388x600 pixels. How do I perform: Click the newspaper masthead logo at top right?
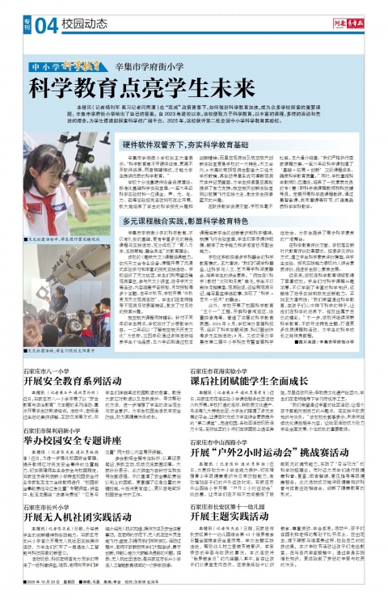click(x=344, y=22)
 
